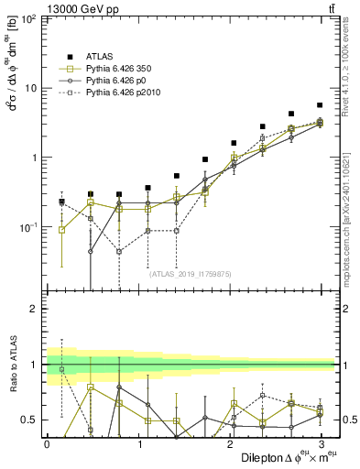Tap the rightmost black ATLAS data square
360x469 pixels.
pos(319,105)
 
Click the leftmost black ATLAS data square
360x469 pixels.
pos(61,202)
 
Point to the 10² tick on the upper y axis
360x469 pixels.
pos(29,19)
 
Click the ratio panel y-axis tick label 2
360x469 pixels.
pos(36,309)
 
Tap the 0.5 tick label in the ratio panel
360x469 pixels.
pos(31,420)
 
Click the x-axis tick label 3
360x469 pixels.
pos(321,443)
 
